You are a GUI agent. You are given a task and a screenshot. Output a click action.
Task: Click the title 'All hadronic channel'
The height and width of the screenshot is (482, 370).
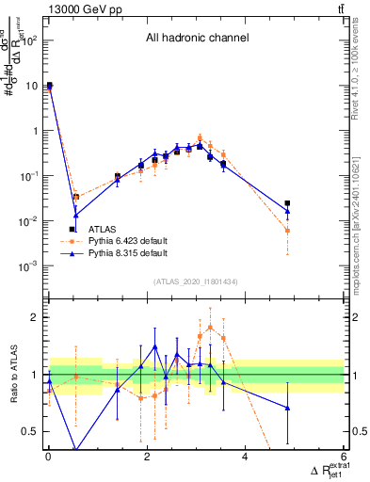tap(197, 39)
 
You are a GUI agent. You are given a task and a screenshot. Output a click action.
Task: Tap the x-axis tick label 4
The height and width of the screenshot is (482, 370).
tap(245, 458)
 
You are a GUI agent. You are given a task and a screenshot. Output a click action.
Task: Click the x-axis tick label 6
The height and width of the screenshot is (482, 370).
tap(343, 458)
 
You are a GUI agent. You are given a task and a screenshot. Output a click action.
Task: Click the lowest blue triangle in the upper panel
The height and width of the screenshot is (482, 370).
tap(75, 216)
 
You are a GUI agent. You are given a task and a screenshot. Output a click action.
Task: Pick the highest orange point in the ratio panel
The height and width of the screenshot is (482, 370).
tap(210, 327)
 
